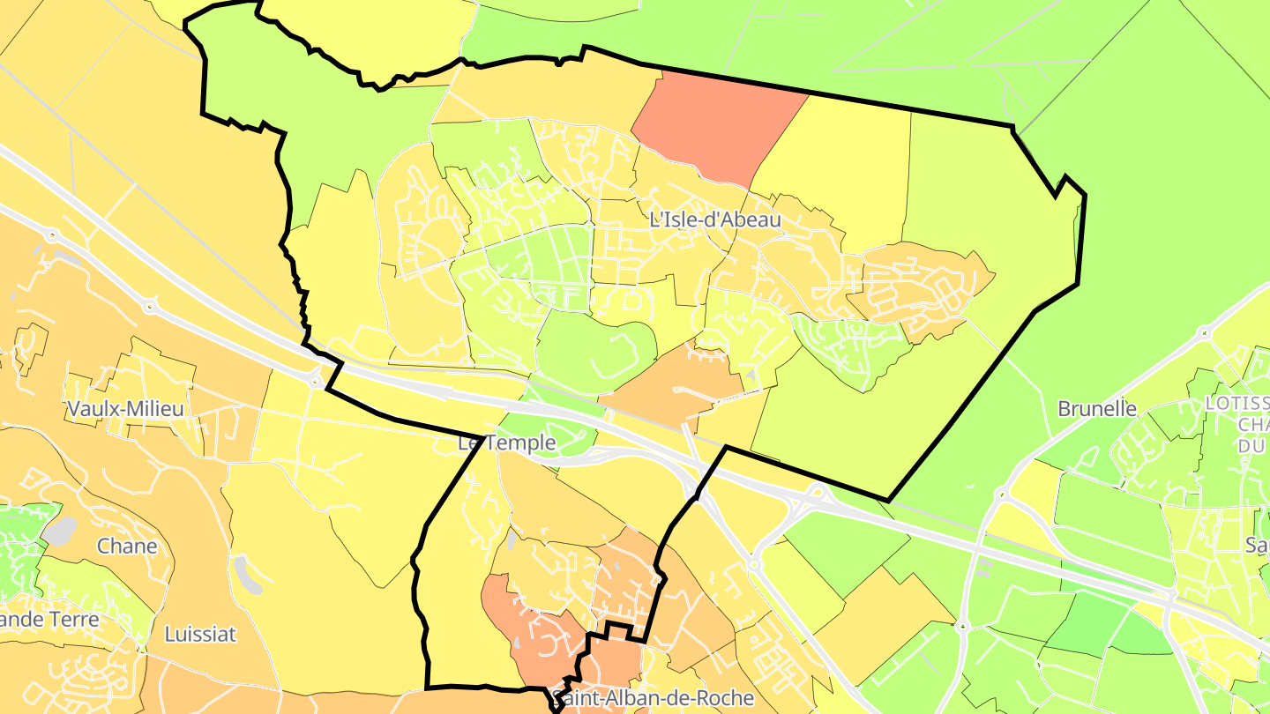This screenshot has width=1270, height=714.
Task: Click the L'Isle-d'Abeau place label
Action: [x=715, y=219]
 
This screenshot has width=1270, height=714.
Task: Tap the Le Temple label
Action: [x=507, y=443]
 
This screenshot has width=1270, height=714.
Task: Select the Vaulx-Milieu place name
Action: [x=124, y=409]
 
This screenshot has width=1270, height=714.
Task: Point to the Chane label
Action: [x=127, y=546]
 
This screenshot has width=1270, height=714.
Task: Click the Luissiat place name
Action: [x=200, y=634]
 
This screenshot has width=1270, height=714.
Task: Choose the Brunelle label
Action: [x=1097, y=409]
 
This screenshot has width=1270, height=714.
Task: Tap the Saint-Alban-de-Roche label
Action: [x=653, y=699]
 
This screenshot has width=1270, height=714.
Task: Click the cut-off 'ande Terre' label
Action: [x=50, y=619]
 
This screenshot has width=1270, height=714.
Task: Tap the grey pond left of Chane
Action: [x=59, y=531]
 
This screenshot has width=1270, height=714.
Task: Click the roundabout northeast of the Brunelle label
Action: [x=1204, y=333]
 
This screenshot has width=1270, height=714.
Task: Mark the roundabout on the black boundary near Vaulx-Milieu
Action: [x=316, y=382]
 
